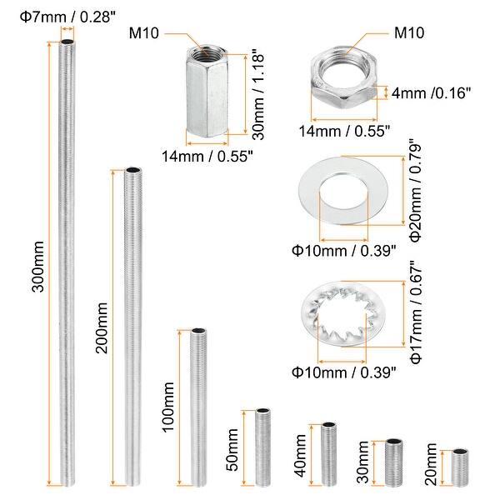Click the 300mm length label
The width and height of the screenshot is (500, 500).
point(37,267)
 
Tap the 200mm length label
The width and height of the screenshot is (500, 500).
point(102,328)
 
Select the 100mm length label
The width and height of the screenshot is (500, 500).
point(168,407)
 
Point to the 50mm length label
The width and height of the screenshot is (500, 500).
point(232,450)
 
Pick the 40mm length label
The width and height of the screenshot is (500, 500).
point(300,456)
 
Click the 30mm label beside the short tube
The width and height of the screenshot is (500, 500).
point(362,462)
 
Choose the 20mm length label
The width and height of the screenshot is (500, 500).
point(431,464)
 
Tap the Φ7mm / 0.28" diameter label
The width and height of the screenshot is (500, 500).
point(67,17)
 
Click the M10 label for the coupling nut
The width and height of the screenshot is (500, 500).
point(144,32)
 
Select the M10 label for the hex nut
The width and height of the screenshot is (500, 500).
point(409,32)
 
